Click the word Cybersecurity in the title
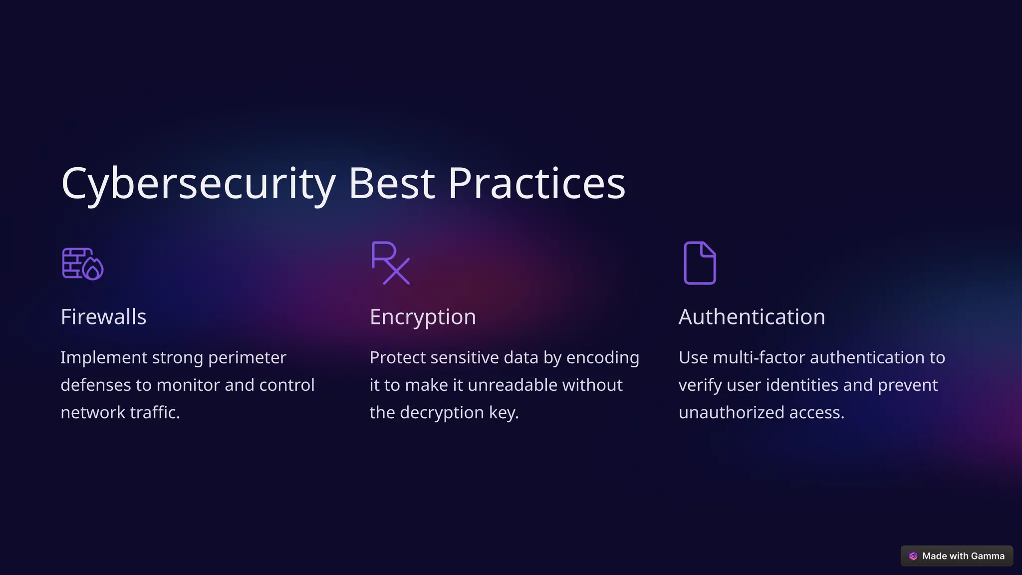tap(198, 184)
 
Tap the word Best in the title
tap(392, 184)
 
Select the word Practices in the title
tap(536, 184)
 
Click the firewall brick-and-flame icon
tap(82, 264)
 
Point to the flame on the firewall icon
tap(93, 270)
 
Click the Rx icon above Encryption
tap(391, 263)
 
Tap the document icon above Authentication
tap(700, 263)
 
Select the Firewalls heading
tap(103, 317)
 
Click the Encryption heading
tap(423, 317)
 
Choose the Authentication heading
tap(752, 317)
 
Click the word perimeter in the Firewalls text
tap(247, 358)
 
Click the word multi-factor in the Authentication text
tap(759, 358)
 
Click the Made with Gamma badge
tap(957, 556)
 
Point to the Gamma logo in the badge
tap(913, 556)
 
